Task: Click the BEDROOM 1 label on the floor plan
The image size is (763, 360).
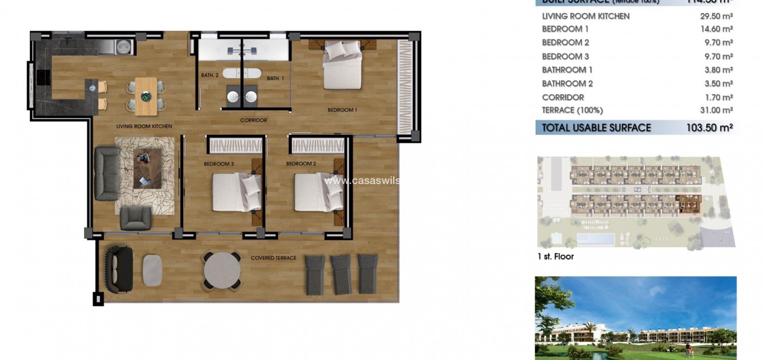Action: coord(342,110)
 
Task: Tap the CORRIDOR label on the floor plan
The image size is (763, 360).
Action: coord(253,120)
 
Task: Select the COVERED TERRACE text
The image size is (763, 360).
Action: coord(273,258)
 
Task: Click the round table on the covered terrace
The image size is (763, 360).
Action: coord(222,271)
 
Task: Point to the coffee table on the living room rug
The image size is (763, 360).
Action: coord(148,168)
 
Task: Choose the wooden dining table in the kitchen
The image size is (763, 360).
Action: coord(146,96)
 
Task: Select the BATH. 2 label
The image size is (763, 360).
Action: coord(210,75)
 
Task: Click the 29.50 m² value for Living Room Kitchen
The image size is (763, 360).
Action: coord(716,16)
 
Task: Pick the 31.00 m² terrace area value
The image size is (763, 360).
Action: coord(716,110)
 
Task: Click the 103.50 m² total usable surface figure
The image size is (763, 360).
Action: coord(709,128)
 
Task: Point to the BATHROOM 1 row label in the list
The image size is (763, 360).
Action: coord(567,70)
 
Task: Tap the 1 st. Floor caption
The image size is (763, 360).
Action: coord(555,257)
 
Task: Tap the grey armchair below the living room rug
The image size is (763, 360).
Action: coord(136,218)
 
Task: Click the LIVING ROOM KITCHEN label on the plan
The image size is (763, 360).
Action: coord(144,126)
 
